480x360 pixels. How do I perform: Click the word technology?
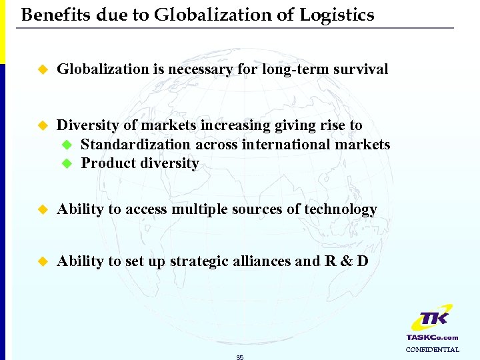point(341,209)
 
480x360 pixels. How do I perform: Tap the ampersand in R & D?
point(346,261)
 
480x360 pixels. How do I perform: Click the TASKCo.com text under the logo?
point(432,337)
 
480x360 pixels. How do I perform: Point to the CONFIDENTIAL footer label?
point(432,349)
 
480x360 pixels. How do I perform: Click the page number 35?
point(240,357)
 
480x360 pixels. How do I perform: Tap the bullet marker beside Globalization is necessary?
point(43,69)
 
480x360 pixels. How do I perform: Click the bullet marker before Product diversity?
point(66,164)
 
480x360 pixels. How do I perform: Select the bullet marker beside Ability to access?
point(43,210)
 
